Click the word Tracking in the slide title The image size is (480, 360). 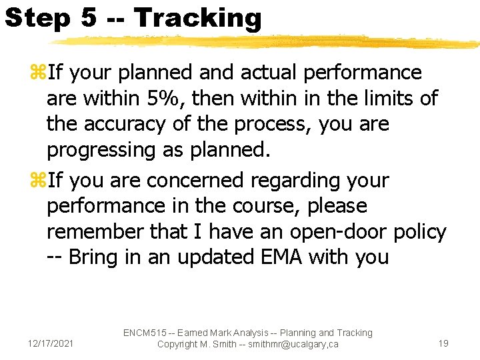tap(198, 17)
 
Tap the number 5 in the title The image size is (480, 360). tap(89, 17)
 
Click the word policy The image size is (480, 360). tap(420, 232)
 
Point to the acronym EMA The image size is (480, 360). tap(273, 257)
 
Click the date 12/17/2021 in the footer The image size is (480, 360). tap(51, 343)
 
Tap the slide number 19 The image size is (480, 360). tap(443, 343)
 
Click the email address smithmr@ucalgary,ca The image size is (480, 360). tap(290, 344)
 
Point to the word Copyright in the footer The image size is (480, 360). tap(179, 344)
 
